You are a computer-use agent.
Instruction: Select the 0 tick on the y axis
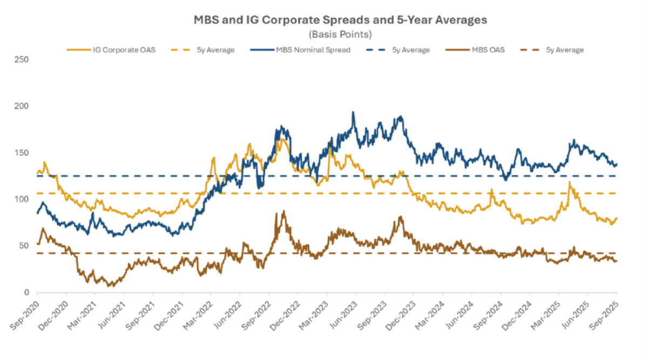pos(26,293)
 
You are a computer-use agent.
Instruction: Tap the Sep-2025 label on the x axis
pos(605,310)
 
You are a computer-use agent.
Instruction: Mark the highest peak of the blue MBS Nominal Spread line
pos(353,112)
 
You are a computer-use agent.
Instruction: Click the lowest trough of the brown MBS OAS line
pos(110,286)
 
